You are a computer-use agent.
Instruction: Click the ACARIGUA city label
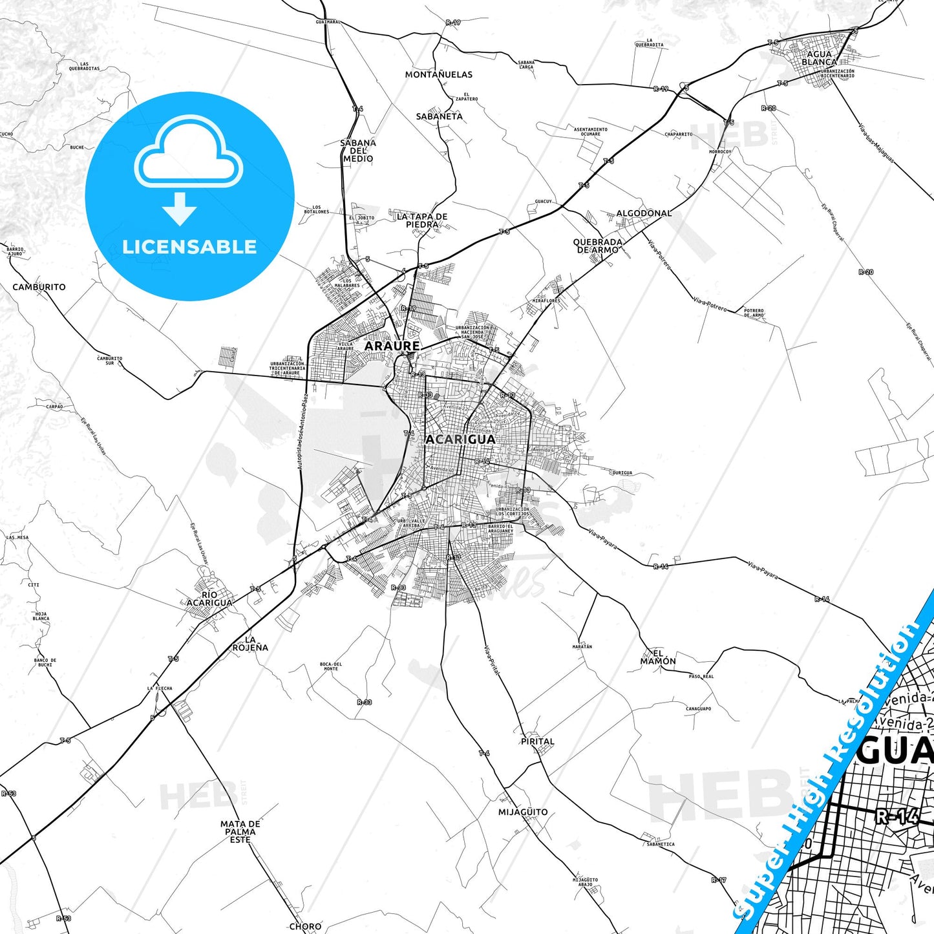click(x=460, y=440)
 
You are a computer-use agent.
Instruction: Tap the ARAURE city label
click(x=392, y=346)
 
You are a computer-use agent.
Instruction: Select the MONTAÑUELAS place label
click(x=438, y=75)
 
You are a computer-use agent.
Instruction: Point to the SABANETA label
click(x=439, y=117)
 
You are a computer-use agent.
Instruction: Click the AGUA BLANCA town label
click(x=819, y=58)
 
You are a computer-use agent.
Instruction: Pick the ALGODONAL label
click(x=644, y=213)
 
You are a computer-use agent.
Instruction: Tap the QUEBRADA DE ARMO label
click(x=598, y=246)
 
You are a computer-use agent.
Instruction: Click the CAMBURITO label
click(x=39, y=287)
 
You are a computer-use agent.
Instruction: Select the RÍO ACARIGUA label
click(x=209, y=599)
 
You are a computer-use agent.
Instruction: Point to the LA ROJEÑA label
click(x=249, y=644)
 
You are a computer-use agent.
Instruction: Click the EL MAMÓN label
click(x=658, y=657)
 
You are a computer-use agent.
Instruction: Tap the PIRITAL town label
click(x=537, y=741)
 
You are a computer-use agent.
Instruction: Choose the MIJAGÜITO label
click(x=522, y=812)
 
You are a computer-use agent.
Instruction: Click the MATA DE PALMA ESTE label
click(x=240, y=832)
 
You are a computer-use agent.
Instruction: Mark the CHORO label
click(x=305, y=926)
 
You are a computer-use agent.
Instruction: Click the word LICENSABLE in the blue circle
click(x=189, y=247)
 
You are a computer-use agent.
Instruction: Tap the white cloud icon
click(x=189, y=152)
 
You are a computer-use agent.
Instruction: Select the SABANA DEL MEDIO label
click(x=358, y=151)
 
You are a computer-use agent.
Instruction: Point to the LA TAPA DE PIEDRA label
click(x=421, y=220)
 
